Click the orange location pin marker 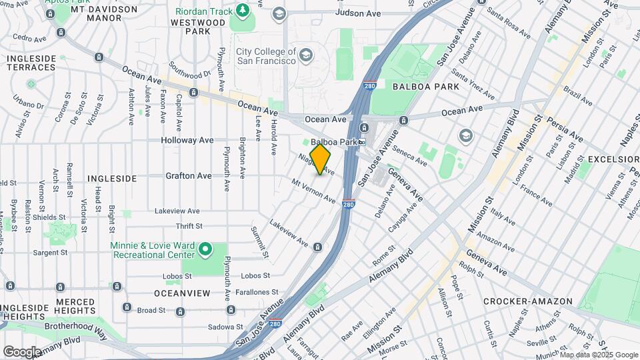[321, 159]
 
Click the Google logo [21, 351]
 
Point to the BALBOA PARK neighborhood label [426, 87]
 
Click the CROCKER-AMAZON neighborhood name [527, 301]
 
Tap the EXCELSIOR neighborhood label [611, 159]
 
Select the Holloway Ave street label [187, 140]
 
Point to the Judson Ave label [358, 13]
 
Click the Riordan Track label [204, 11]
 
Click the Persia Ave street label [567, 130]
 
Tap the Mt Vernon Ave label [314, 189]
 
